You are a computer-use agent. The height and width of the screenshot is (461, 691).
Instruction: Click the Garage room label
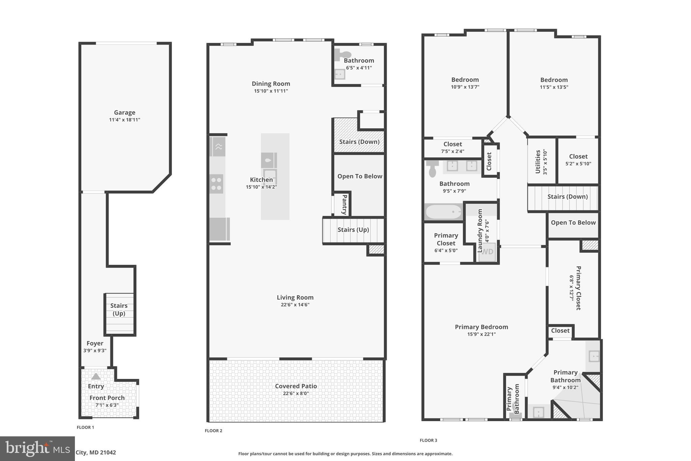[x=125, y=112]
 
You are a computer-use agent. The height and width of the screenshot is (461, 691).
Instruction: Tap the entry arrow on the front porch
[x=96, y=376]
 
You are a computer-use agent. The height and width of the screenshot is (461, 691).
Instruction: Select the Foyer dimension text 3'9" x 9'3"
[x=95, y=351]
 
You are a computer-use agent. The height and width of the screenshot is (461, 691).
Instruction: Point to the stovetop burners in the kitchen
[x=216, y=184]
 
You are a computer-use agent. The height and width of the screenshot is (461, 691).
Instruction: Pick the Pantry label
[x=344, y=204]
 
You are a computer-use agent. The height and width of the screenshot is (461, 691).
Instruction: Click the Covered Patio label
[x=296, y=386]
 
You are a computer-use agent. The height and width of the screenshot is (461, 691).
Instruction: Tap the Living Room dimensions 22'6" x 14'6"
[x=295, y=305]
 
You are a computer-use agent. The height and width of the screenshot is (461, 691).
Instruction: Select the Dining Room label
[x=271, y=84]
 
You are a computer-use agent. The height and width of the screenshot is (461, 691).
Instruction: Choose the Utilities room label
[x=538, y=162]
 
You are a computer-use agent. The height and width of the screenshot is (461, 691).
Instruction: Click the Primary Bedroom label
[x=481, y=327]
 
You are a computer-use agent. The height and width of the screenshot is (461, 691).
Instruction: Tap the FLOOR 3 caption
[x=428, y=440]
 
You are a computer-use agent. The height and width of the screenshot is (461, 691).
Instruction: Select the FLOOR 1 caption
[x=85, y=427]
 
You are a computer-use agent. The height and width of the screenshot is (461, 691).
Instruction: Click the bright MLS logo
[x=37, y=449]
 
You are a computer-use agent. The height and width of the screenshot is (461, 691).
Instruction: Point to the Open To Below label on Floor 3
[x=573, y=223]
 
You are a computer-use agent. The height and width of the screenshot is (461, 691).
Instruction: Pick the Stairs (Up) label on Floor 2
[x=353, y=230]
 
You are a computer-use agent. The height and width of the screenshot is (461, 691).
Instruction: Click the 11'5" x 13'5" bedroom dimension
[x=554, y=87]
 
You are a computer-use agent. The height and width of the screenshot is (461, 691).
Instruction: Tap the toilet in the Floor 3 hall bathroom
[x=432, y=168]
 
